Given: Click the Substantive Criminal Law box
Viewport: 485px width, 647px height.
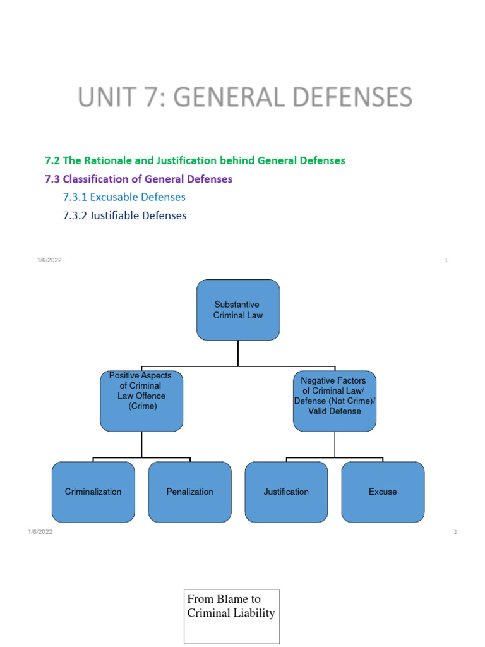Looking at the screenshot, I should pyautogui.click(x=238, y=310).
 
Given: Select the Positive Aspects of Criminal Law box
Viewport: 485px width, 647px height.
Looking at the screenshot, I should pyautogui.click(x=141, y=401).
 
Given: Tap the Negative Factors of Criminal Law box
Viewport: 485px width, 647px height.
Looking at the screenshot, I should pyautogui.click(x=335, y=401).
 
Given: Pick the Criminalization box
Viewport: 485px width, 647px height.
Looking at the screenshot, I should pyautogui.click(x=93, y=492).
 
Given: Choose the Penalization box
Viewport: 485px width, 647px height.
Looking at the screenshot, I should pyautogui.click(x=189, y=492).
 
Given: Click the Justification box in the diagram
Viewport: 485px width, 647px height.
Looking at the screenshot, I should pyautogui.click(x=286, y=492).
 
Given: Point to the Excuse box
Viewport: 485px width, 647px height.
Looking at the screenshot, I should pyautogui.click(x=383, y=492).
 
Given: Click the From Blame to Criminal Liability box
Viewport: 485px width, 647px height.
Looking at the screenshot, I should pyautogui.click(x=231, y=616).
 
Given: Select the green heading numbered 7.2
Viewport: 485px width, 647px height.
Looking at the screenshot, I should pyautogui.click(x=195, y=160).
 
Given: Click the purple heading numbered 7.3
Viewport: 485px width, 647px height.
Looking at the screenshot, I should pyautogui.click(x=138, y=179).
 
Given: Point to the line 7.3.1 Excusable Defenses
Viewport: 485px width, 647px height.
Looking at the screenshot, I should pyautogui.click(x=124, y=197).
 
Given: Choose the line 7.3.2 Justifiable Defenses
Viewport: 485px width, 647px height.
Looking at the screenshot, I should pyautogui.click(x=125, y=215).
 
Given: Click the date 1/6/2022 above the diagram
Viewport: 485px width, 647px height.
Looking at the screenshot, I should pyautogui.click(x=49, y=260).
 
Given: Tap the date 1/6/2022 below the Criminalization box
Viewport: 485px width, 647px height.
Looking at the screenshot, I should pyautogui.click(x=40, y=532).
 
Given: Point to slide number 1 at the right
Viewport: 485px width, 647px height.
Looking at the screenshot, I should pyautogui.click(x=446, y=260).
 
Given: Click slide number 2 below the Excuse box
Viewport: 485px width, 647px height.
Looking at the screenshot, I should pyautogui.click(x=455, y=532).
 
